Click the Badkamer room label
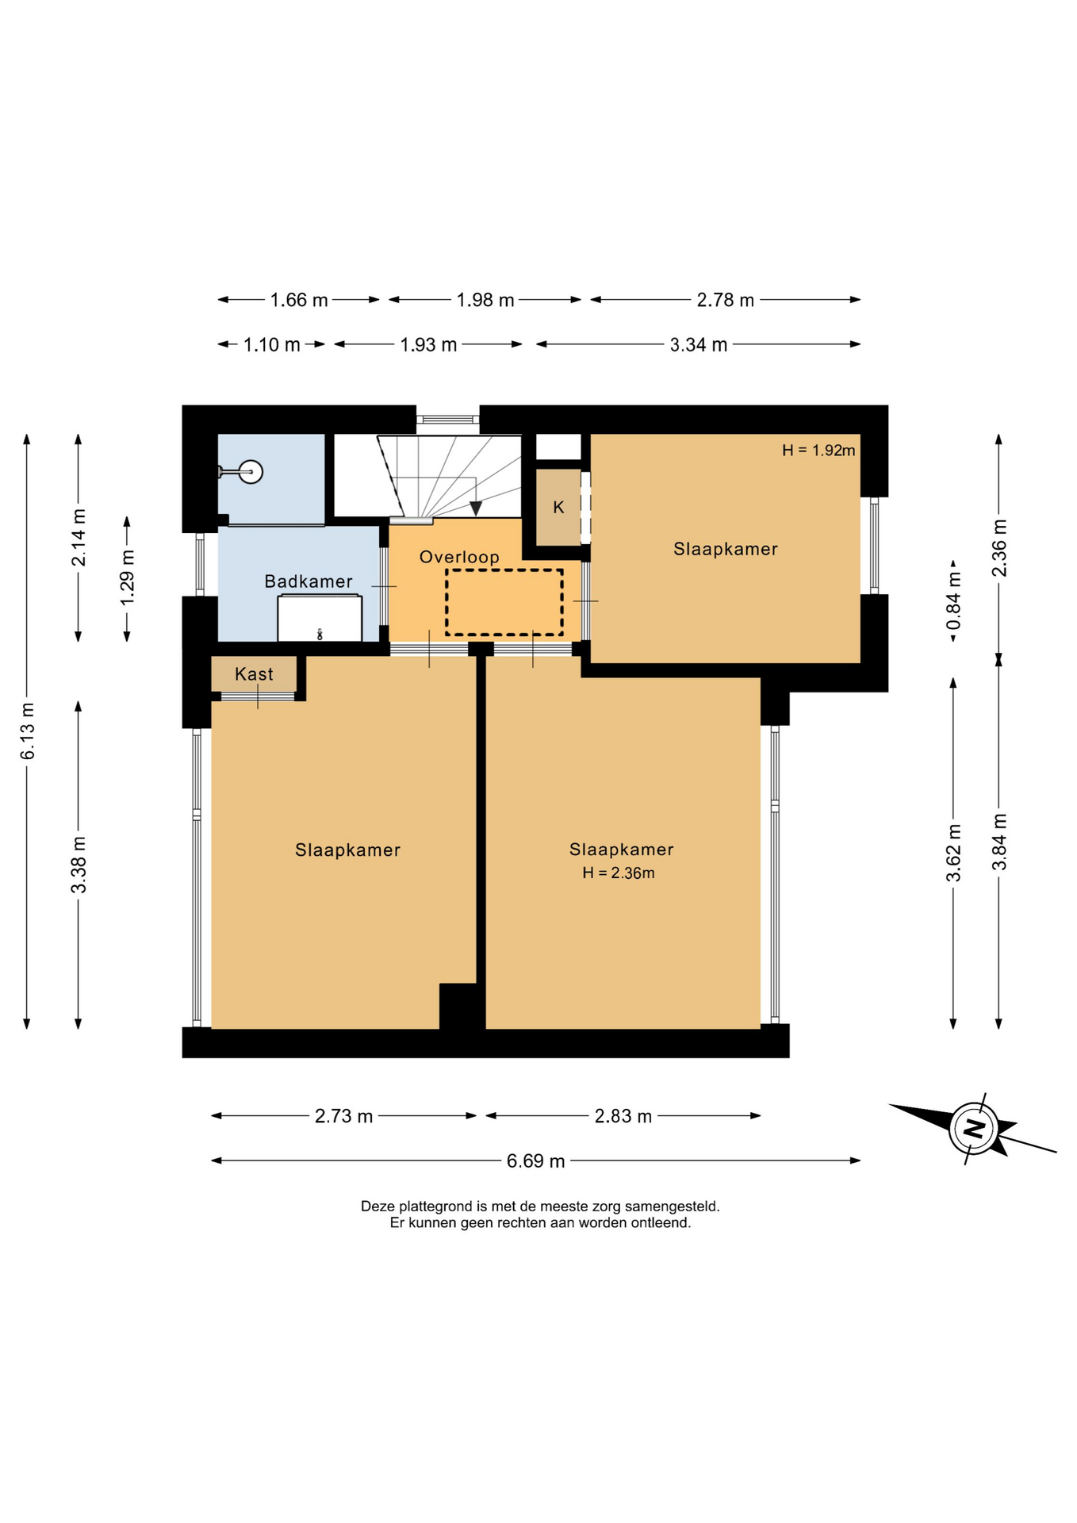coord(309,581)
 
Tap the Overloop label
coord(459,557)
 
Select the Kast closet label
coord(254,674)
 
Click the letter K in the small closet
coord(558,508)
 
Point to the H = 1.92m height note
coord(818,451)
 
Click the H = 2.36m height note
coord(619,873)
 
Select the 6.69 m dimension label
coord(536,1161)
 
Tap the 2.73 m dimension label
coord(343,1116)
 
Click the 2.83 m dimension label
coord(623,1116)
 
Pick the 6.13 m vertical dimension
coord(28,731)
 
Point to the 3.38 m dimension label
coord(79,865)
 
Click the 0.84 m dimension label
coord(953,601)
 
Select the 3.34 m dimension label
coord(699,345)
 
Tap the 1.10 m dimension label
coord(272,345)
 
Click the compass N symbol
coord(974,1128)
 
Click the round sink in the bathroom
coord(251,472)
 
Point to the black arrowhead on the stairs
coord(476,509)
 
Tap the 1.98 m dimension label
coord(485,300)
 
